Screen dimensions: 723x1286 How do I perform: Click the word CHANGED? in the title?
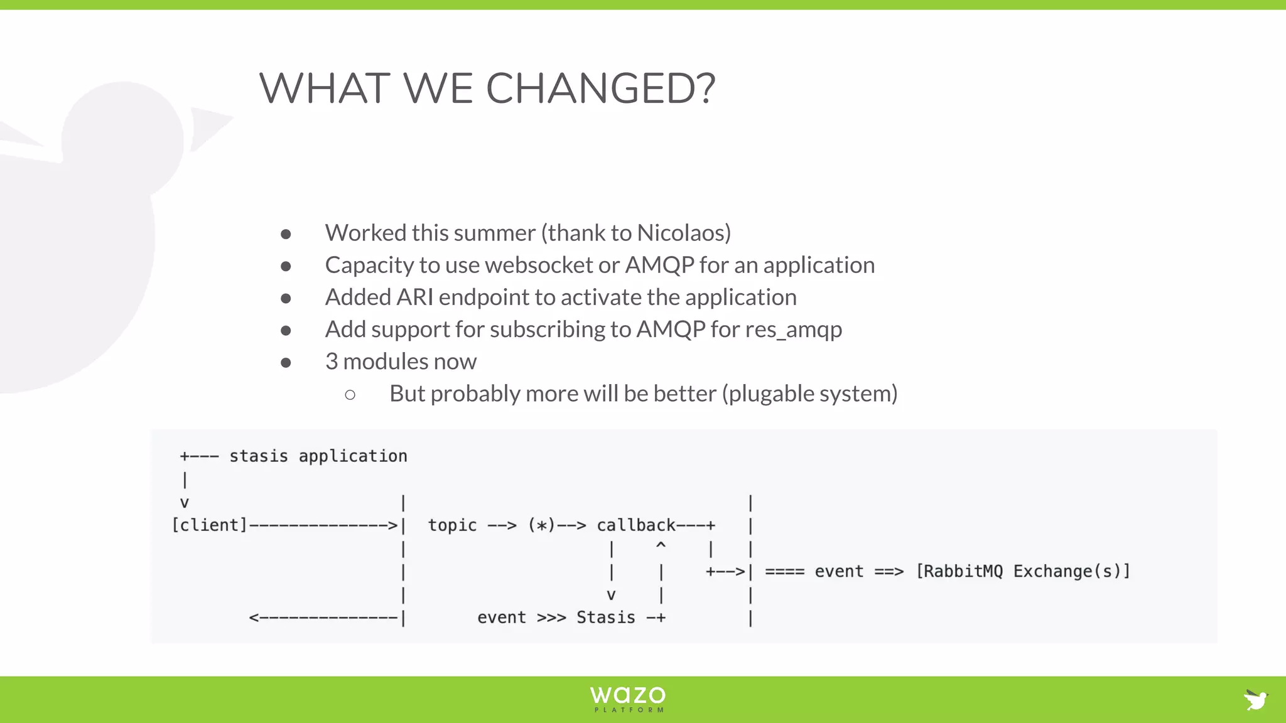(600, 88)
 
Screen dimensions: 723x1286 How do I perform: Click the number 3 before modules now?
(332, 361)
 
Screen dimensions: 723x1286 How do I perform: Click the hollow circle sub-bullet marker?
(350, 395)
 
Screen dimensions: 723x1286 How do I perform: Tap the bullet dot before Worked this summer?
(286, 234)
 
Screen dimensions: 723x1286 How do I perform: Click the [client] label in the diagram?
(210, 525)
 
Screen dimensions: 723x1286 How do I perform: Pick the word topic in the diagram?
(452, 525)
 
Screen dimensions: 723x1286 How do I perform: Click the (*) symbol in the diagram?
(541, 525)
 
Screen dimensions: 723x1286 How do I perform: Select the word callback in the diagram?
(635, 525)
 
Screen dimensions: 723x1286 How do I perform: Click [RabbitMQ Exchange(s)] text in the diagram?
(1023, 572)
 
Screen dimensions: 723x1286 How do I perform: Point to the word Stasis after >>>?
(605, 618)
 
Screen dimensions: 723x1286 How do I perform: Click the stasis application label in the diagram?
(318, 456)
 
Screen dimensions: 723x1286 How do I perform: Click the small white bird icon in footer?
(1256, 699)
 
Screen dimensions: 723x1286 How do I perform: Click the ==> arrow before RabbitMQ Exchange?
(889, 572)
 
